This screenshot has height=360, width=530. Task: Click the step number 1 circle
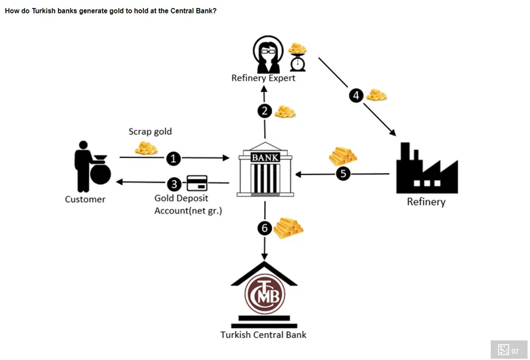pos(174,159)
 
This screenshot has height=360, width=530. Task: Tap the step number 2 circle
pos(265,111)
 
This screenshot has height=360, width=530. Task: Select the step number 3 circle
pos(175,183)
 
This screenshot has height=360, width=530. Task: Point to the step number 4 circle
pos(357,96)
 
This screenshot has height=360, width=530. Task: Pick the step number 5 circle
pos(344,174)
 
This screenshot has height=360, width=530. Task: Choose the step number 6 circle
pos(265,228)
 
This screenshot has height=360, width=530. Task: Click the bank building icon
pos(265,172)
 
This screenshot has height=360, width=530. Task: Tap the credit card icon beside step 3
pos(197,183)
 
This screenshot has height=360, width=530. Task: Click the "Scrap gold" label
pos(150,132)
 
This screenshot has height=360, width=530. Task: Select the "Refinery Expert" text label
pos(263,78)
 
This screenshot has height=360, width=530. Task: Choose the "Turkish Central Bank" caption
pos(263,335)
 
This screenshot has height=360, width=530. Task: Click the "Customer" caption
pos(85,199)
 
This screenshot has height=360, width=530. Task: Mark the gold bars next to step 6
pos(289,228)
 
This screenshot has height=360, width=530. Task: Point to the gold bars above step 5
pos(343,156)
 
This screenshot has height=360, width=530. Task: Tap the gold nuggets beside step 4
pos(376,95)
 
